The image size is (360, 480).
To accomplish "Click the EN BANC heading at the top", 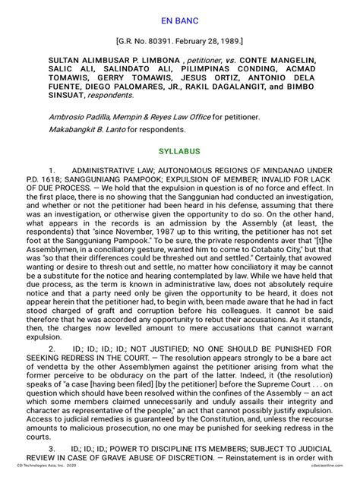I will pos(179,13).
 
